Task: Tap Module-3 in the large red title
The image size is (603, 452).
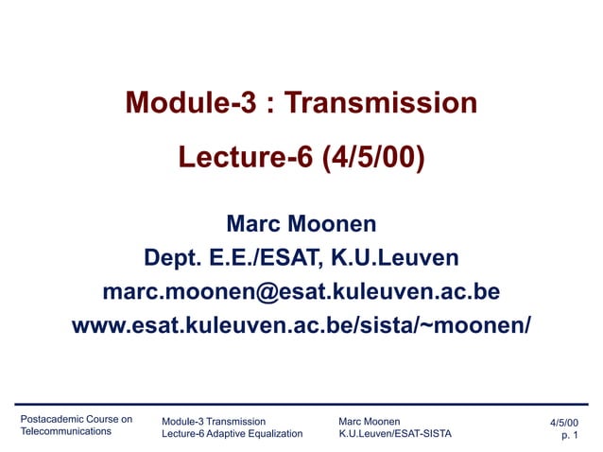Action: (190, 102)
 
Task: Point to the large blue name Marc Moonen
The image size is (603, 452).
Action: (301, 224)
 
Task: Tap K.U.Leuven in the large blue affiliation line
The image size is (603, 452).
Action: (398, 257)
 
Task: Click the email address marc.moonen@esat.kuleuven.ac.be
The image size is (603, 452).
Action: (301, 289)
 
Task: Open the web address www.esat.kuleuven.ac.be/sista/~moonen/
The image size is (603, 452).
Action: (301, 324)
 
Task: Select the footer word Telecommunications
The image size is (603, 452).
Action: (66, 432)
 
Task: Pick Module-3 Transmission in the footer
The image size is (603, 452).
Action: (214, 422)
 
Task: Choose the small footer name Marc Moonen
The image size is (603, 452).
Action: (369, 422)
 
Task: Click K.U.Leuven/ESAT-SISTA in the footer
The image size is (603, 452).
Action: (394, 434)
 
